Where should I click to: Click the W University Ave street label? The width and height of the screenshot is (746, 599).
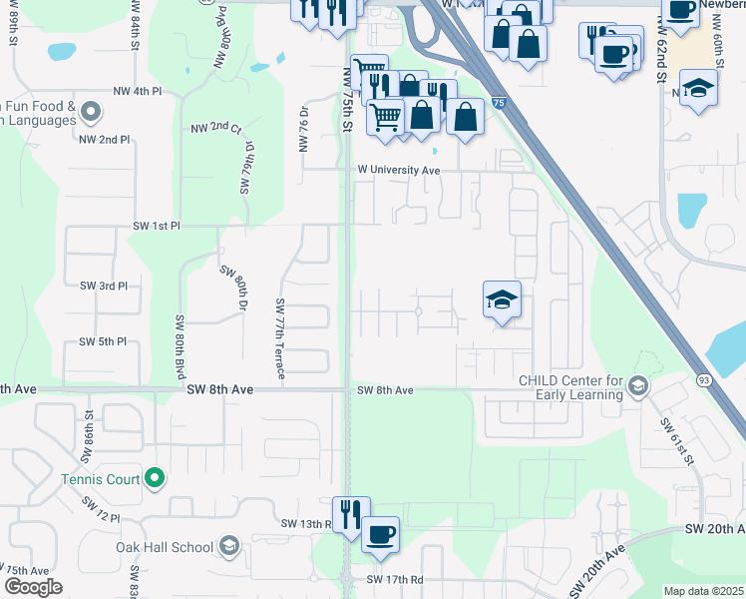[399, 170]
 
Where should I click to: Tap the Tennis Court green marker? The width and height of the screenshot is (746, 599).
[154, 479]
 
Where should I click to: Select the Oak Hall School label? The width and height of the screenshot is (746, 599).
[165, 547]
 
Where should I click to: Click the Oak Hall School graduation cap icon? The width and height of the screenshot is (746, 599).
[229, 545]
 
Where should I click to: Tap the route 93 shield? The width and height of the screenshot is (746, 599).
[704, 379]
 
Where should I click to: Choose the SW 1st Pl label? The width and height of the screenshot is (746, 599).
[156, 227]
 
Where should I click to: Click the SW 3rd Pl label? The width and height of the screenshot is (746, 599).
[104, 286]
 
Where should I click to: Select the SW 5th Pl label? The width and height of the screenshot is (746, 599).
[104, 342]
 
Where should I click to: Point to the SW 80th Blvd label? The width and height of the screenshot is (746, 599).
[181, 344]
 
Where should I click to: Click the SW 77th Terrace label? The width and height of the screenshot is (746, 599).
[280, 339]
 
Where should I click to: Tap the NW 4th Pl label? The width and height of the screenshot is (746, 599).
[138, 92]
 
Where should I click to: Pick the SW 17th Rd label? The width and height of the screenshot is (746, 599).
[395, 579]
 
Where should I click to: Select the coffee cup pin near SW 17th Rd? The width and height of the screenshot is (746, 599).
[380, 534]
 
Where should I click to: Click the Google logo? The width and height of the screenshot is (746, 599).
[33, 587]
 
